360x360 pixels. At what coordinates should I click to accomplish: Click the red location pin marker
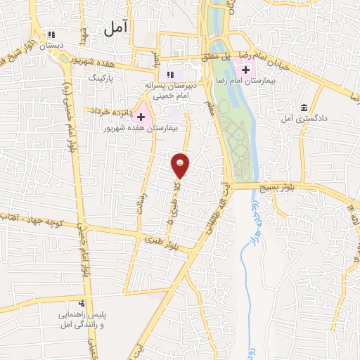click(180, 165)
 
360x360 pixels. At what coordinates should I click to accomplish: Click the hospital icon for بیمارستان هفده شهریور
click(141, 116)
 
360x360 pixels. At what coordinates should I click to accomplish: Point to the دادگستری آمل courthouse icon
click(304, 108)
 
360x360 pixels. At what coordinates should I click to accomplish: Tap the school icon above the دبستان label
click(51, 34)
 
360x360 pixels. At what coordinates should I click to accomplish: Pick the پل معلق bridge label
click(220, 56)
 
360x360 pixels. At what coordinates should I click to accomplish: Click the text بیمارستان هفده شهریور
click(147, 129)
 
